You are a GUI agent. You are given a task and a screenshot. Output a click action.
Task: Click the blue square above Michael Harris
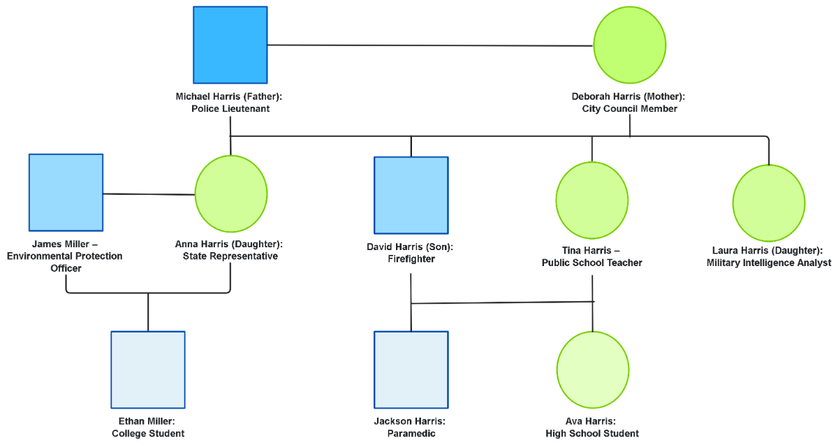tap(230, 45)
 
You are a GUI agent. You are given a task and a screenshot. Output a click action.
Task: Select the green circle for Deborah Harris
tap(629, 43)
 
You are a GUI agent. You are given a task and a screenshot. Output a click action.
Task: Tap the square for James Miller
tap(66, 192)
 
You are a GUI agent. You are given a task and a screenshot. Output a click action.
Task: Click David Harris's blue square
tap(411, 195)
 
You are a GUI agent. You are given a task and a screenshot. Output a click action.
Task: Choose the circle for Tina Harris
tap(592, 200)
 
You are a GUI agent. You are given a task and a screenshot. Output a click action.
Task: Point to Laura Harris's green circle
tap(769, 203)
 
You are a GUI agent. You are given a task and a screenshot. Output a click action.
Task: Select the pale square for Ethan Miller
tap(148, 369)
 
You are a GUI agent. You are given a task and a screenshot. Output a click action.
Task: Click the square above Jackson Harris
tap(411, 369)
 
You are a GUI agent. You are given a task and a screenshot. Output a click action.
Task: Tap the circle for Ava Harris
tap(592, 369)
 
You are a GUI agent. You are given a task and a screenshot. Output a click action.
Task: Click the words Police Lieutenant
tap(230, 109)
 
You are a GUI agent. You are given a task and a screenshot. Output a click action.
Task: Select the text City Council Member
tap(629, 109)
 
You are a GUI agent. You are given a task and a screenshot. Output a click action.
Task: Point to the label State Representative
tap(230, 256)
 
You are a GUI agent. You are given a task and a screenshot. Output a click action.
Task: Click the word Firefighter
tap(411, 259)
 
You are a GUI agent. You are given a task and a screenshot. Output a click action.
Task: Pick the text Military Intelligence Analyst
tap(769, 263)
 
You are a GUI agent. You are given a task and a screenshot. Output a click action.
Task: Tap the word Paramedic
tap(411, 434)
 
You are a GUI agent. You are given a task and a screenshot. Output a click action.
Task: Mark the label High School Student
tap(592, 434)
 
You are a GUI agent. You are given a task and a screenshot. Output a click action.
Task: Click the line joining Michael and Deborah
tap(429, 45)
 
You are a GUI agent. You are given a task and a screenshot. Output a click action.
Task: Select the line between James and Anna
tap(149, 194)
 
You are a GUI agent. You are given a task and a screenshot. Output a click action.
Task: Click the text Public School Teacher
tap(592, 263)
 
